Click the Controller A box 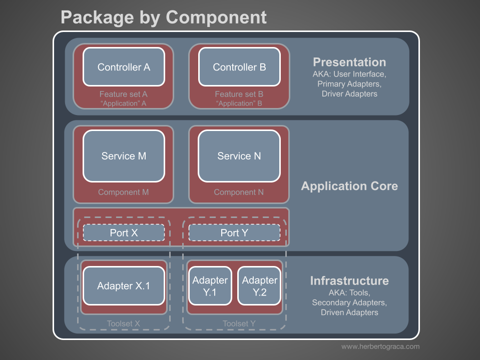point(124,67)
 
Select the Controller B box point(239,67)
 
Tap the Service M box point(124,156)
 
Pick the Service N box point(239,156)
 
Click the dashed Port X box point(124,232)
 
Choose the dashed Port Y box point(234,232)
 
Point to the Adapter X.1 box point(124,286)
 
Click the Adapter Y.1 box point(210,286)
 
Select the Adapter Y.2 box point(259,286)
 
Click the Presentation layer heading point(349,62)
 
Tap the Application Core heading point(349,186)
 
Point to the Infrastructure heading point(349,280)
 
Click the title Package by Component point(164,17)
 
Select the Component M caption point(123,192)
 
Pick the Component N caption point(239,192)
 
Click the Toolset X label point(123,323)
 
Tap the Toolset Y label point(239,323)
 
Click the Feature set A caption point(123,94)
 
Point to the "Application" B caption point(239,104)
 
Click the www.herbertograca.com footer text point(380,346)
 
